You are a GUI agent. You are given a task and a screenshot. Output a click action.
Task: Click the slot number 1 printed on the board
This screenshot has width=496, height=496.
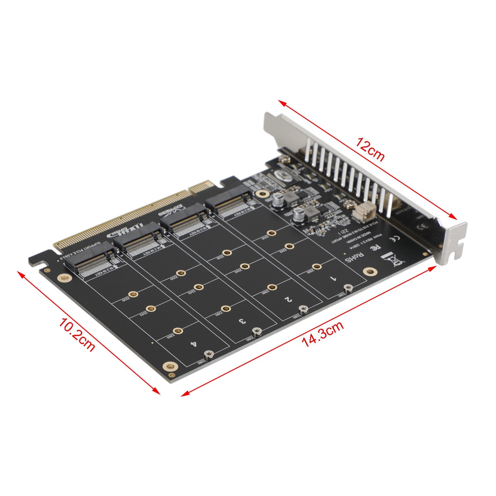point(334,278)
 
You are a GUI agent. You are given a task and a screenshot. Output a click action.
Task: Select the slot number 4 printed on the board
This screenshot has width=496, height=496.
point(194,344)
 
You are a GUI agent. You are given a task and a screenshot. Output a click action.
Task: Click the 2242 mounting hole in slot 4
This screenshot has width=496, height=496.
point(151,308)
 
